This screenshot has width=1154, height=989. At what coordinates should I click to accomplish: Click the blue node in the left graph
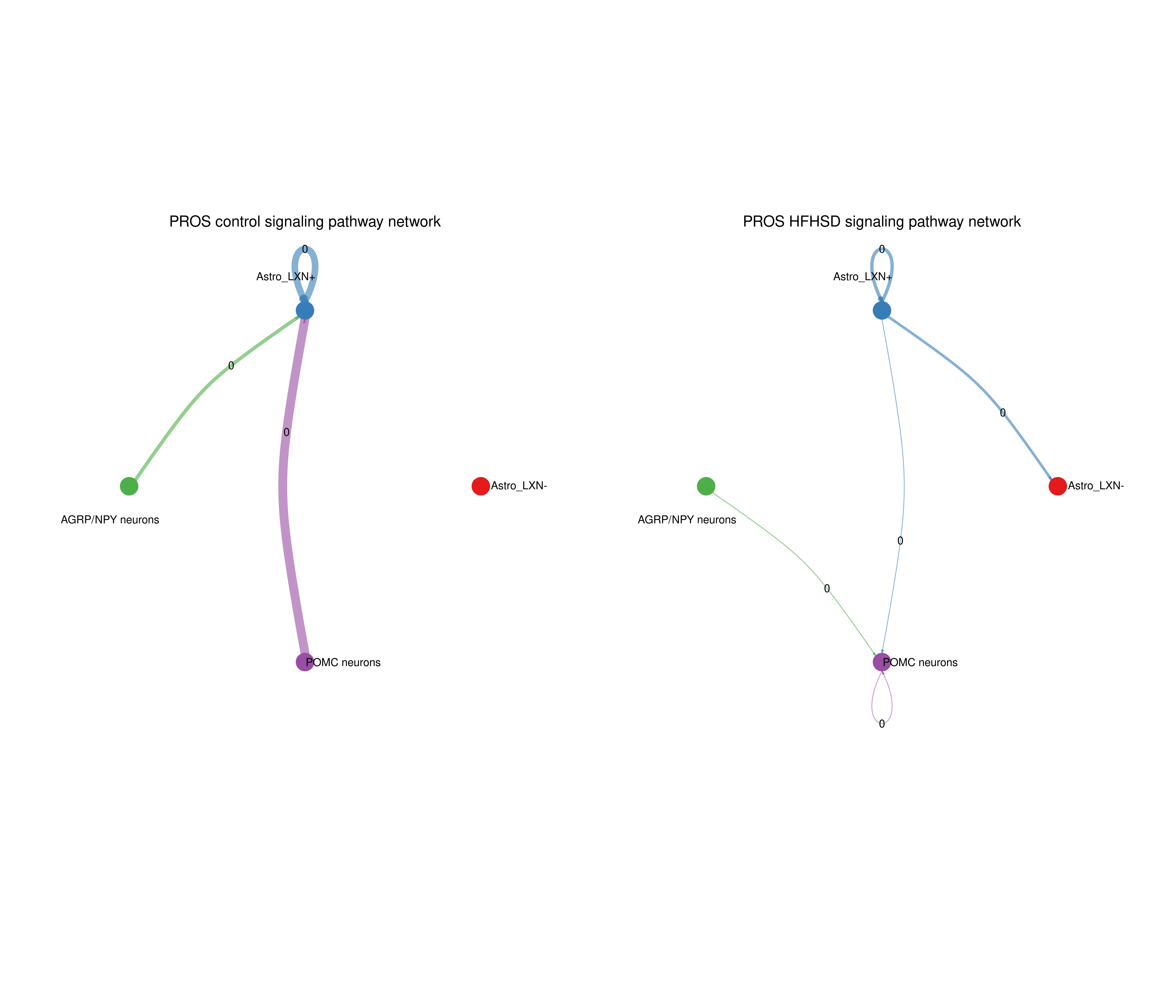coord(305,310)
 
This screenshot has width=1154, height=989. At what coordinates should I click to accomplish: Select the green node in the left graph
coord(129,486)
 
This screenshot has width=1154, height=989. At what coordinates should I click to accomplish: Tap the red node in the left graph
coord(481,486)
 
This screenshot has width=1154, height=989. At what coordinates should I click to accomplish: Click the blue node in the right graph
coord(882,310)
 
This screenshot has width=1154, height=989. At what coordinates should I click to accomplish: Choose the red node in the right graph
coord(1058,486)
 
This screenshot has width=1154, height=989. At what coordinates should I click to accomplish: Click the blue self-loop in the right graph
coord(873,262)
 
